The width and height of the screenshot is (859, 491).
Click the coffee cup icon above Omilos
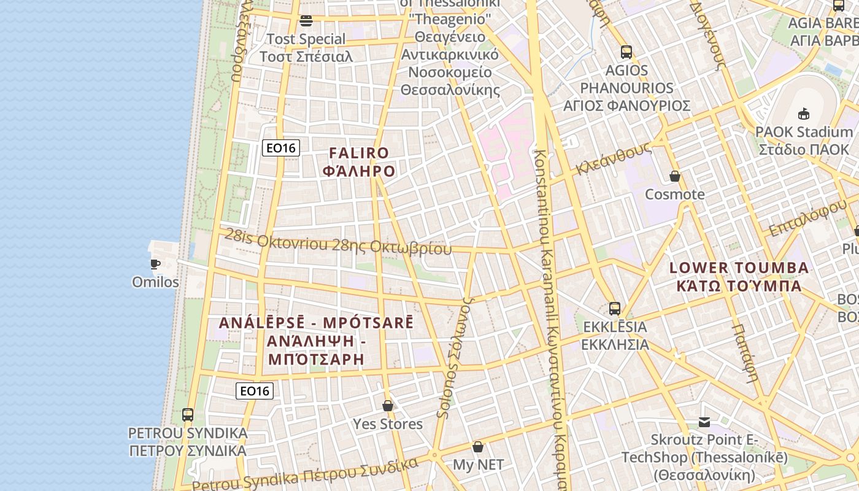(x=155, y=265)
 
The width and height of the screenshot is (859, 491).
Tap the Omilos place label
(x=155, y=282)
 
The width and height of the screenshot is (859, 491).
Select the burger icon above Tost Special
(x=306, y=21)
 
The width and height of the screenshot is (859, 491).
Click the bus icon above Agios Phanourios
(x=626, y=52)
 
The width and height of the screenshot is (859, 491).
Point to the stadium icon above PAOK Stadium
(x=803, y=114)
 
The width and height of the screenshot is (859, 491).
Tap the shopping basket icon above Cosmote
(x=675, y=177)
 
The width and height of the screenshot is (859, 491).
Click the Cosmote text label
(x=674, y=195)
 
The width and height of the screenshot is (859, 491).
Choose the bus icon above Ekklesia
(x=615, y=309)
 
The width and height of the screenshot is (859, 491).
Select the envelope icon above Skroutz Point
(x=704, y=422)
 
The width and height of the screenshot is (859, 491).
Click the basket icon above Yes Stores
(x=388, y=406)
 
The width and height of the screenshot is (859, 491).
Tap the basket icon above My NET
(x=478, y=447)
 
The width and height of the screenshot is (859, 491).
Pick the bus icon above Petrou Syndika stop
(x=188, y=415)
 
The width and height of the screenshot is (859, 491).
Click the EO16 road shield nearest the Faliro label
(x=280, y=148)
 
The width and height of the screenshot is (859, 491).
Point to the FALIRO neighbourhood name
(x=359, y=161)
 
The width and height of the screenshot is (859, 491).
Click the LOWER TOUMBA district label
(x=739, y=276)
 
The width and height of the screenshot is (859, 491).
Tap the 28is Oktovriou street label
(x=338, y=243)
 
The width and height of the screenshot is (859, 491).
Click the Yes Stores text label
(x=388, y=424)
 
